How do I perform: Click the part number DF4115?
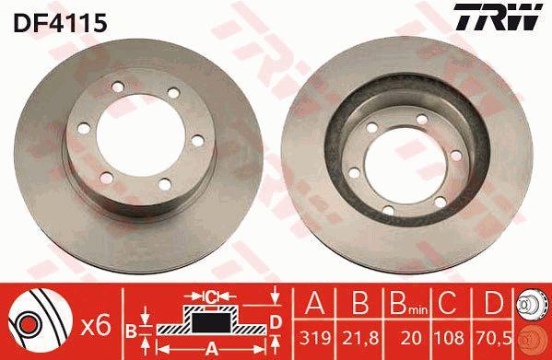(60, 23)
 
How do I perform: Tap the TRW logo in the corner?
(498, 17)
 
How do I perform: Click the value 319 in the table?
(315, 338)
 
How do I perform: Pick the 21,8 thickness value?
(360, 338)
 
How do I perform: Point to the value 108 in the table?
(449, 338)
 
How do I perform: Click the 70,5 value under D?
(494, 338)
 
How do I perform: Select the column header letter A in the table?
(315, 303)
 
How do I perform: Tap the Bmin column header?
(408, 304)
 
